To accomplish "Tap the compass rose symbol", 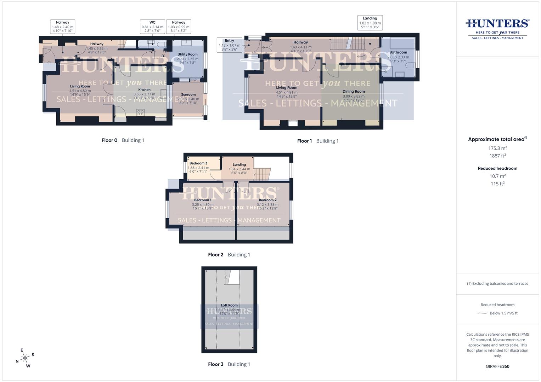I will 25,358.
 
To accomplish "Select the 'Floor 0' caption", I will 109,140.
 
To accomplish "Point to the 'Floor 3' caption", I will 215,364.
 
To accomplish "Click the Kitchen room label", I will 144,90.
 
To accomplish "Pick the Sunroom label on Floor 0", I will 188,94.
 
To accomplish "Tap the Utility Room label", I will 187,54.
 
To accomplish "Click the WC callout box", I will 152,27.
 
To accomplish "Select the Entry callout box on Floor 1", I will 229,45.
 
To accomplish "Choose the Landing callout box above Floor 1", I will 370,23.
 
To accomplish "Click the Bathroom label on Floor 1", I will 398,52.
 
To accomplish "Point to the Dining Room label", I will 354,92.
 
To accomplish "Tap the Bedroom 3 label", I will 198,163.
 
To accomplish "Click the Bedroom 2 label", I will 267,200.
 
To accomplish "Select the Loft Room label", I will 229,305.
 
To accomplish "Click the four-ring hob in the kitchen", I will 141,112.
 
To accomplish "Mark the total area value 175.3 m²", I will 497,148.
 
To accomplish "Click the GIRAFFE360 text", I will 497,366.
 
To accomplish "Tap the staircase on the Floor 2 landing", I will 263,174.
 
